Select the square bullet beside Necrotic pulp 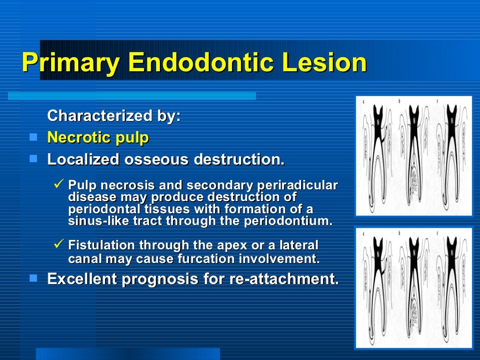[33, 137]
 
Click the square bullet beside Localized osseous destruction [33, 159]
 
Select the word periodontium [288, 221]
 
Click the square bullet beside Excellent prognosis [33, 278]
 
